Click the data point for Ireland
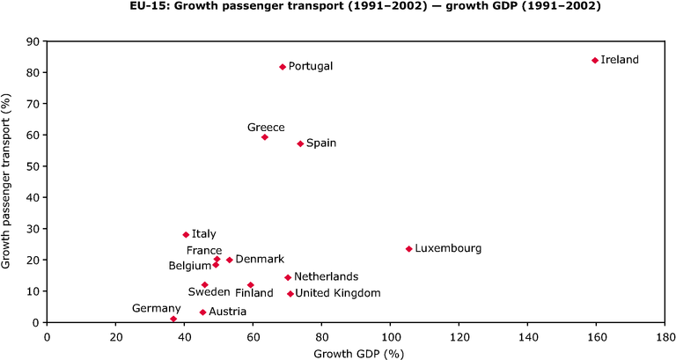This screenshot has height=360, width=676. click(x=595, y=61)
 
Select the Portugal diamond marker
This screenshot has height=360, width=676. click(x=283, y=67)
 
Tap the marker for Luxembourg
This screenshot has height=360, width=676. click(x=409, y=249)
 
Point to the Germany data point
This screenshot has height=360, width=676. click(x=173, y=319)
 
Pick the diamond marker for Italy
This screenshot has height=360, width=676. click(x=186, y=234)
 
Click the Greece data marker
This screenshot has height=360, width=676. click(x=265, y=137)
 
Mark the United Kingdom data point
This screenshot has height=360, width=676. click(x=290, y=294)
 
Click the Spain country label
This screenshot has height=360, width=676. click(x=321, y=143)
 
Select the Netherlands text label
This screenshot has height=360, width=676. click(x=326, y=276)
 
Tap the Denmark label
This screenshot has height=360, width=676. click(x=260, y=259)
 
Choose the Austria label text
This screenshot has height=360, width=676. click(x=228, y=312)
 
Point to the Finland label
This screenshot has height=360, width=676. click(x=253, y=293)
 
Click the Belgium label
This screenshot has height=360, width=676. click(x=190, y=266)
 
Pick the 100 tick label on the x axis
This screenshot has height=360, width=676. click(x=390, y=336)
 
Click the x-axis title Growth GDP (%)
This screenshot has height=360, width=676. click(x=359, y=355)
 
